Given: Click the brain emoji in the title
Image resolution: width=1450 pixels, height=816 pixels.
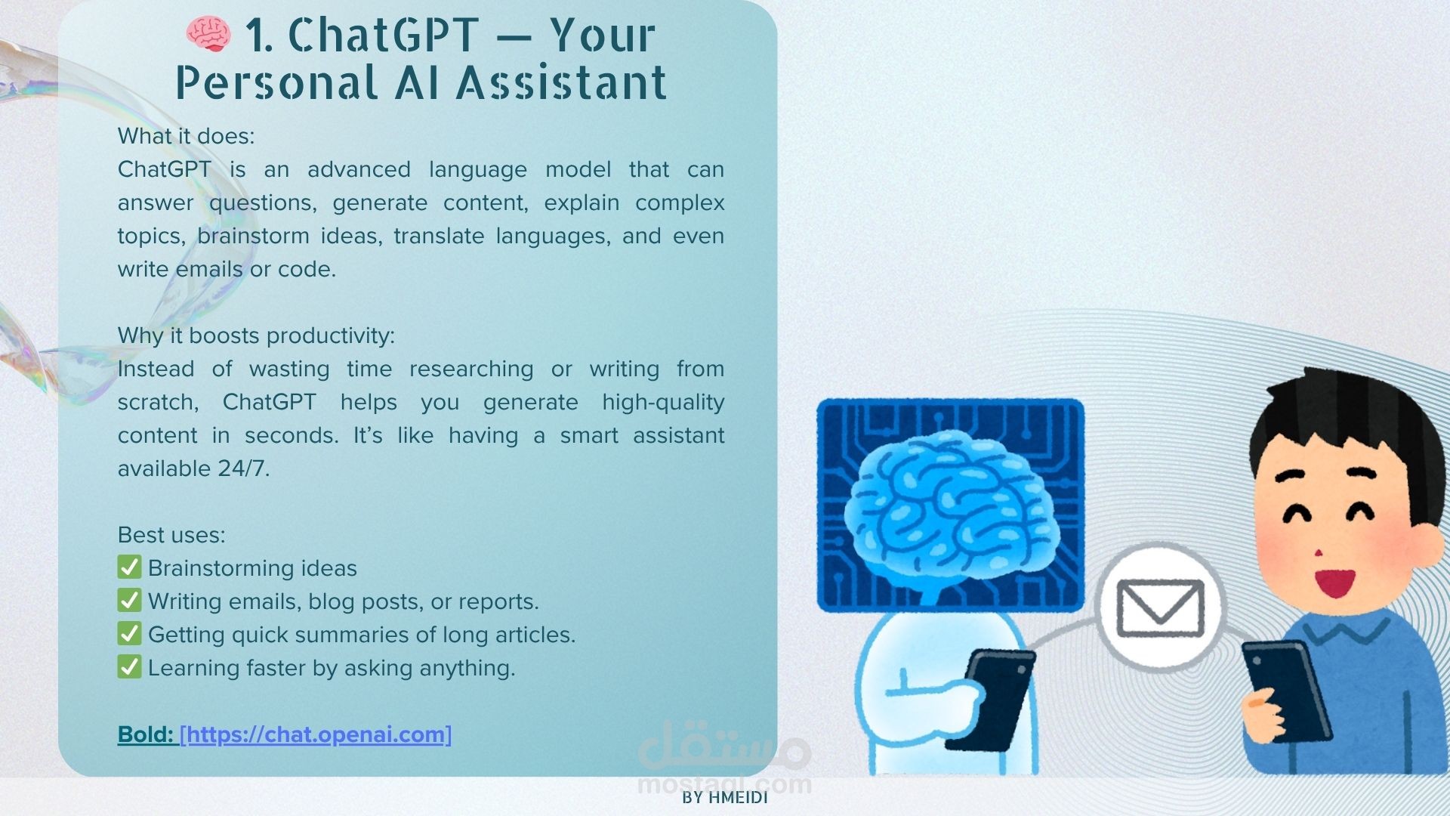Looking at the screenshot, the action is [208, 35].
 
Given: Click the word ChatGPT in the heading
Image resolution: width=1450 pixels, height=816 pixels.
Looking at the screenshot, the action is [384, 35].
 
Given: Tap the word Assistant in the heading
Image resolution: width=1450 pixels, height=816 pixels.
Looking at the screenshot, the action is [562, 82].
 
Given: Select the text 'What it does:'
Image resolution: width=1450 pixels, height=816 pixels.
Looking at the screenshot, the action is [186, 136].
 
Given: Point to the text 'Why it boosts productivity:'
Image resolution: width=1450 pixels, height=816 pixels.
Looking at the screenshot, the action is [256, 335].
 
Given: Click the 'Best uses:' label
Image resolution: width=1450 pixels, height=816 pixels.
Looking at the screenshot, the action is [171, 535].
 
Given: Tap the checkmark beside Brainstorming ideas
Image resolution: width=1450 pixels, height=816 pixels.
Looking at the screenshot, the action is [129, 567].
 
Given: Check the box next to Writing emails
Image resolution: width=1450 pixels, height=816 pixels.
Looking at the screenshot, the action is [129, 600].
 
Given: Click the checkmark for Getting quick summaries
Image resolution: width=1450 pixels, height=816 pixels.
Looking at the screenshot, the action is [129, 633].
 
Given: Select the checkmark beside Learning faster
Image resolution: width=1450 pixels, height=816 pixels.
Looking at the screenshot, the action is [129, 666].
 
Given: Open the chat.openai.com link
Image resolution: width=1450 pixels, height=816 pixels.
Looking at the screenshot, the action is [316, 734].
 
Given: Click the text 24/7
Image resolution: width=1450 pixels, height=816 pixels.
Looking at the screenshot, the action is [243, 468].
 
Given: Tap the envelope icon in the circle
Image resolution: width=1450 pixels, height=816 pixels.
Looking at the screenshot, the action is [1160, 607].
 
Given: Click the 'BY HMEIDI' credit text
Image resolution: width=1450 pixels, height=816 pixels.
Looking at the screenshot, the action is [725, 798].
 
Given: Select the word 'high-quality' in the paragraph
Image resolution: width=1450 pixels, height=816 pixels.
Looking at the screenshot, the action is [663, 402].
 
